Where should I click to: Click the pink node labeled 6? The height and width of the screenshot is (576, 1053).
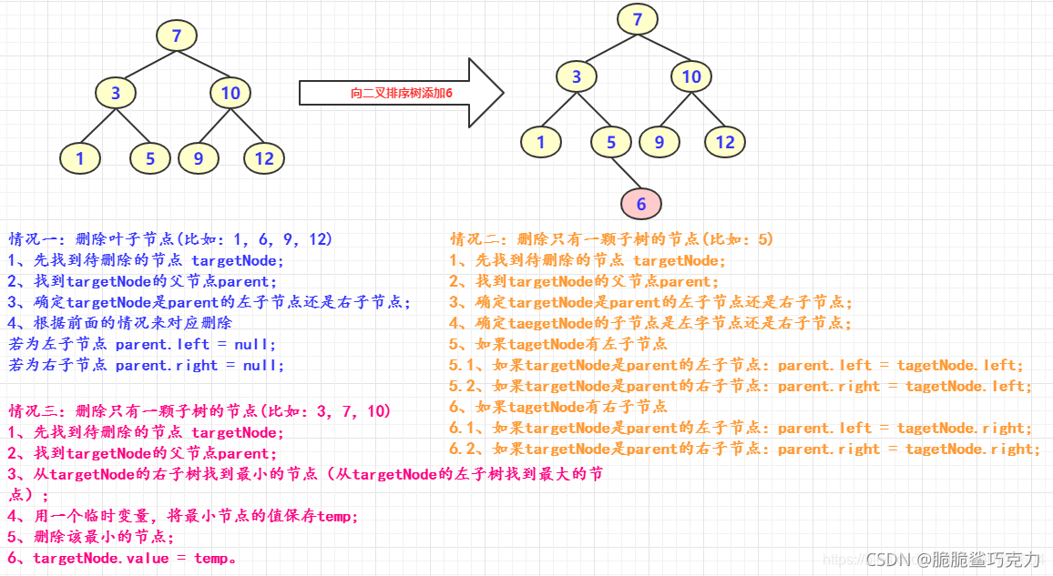coord(641,204)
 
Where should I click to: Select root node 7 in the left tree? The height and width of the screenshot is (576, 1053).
coord(177,36)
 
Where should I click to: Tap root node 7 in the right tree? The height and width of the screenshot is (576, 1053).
coord(638,19)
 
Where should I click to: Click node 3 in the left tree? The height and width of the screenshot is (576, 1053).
coord(116,92)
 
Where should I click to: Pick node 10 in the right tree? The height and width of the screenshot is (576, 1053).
coord(691,76)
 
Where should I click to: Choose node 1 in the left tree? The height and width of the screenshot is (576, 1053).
coord(80,158)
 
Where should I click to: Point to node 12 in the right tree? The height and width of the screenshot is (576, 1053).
coord(724,142)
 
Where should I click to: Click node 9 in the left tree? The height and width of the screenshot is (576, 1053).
coord(198,158)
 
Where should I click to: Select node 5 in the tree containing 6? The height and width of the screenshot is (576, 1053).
coord(611,142)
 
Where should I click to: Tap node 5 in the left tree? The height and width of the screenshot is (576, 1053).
coord(150,158)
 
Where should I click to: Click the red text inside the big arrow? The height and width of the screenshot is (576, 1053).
coord(402,93)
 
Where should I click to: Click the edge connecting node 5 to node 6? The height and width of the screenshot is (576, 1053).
coord(626,172)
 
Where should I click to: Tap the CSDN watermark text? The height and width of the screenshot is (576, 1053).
coord(953,560)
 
